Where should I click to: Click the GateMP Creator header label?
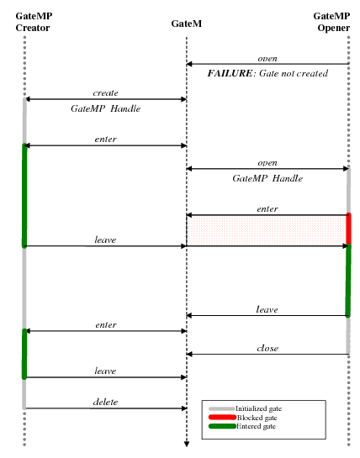pyautogui.click(x=33, y=22)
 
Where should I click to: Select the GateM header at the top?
pyautogui.click(x=186, y=24)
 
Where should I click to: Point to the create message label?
pyautogui.click(x=105, y=92)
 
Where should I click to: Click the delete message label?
pyautogui.click(x=105, y=403)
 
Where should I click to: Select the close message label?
pyautogui.click(x=267, y=348)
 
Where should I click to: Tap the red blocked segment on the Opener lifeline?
pyautogui.click(x=348, y=229)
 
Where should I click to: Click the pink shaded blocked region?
pyautogui.click(x=267, y=230)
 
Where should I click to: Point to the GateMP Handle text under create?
pyautogui.click(x=105, y=109)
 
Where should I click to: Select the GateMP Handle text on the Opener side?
pyautogui.click(x=267, y=179)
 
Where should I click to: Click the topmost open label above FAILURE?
pyautogui.click(x=267, y=58)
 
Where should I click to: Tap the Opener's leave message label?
pyautogui.click(x=267, y=309)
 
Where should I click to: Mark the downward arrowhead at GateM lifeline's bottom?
pyautogui.click(x=186, y=445)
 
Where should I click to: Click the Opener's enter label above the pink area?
pyautogui.click(x=267, y=208)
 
